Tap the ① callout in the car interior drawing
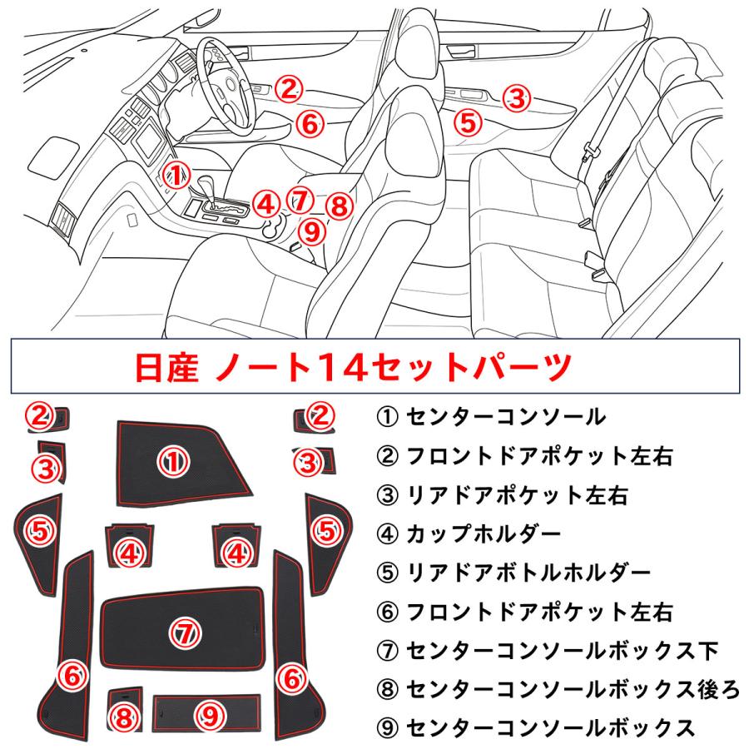[176, 174]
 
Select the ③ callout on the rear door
[517, 98]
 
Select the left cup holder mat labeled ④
[128, 546]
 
